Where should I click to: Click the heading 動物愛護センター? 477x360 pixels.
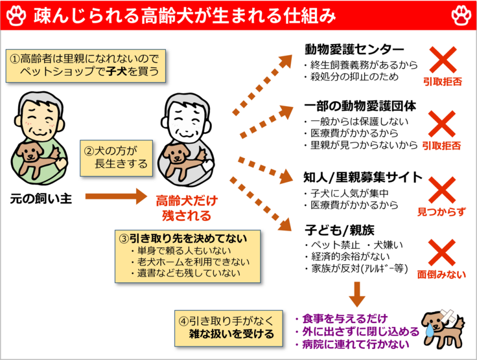coord(355,50)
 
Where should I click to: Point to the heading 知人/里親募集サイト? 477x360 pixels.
coord(363,177)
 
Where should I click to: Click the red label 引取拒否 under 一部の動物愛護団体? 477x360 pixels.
coord(441,146)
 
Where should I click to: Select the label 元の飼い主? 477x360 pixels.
coord(40,197)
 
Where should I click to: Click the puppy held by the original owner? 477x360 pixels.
coord(35,155)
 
